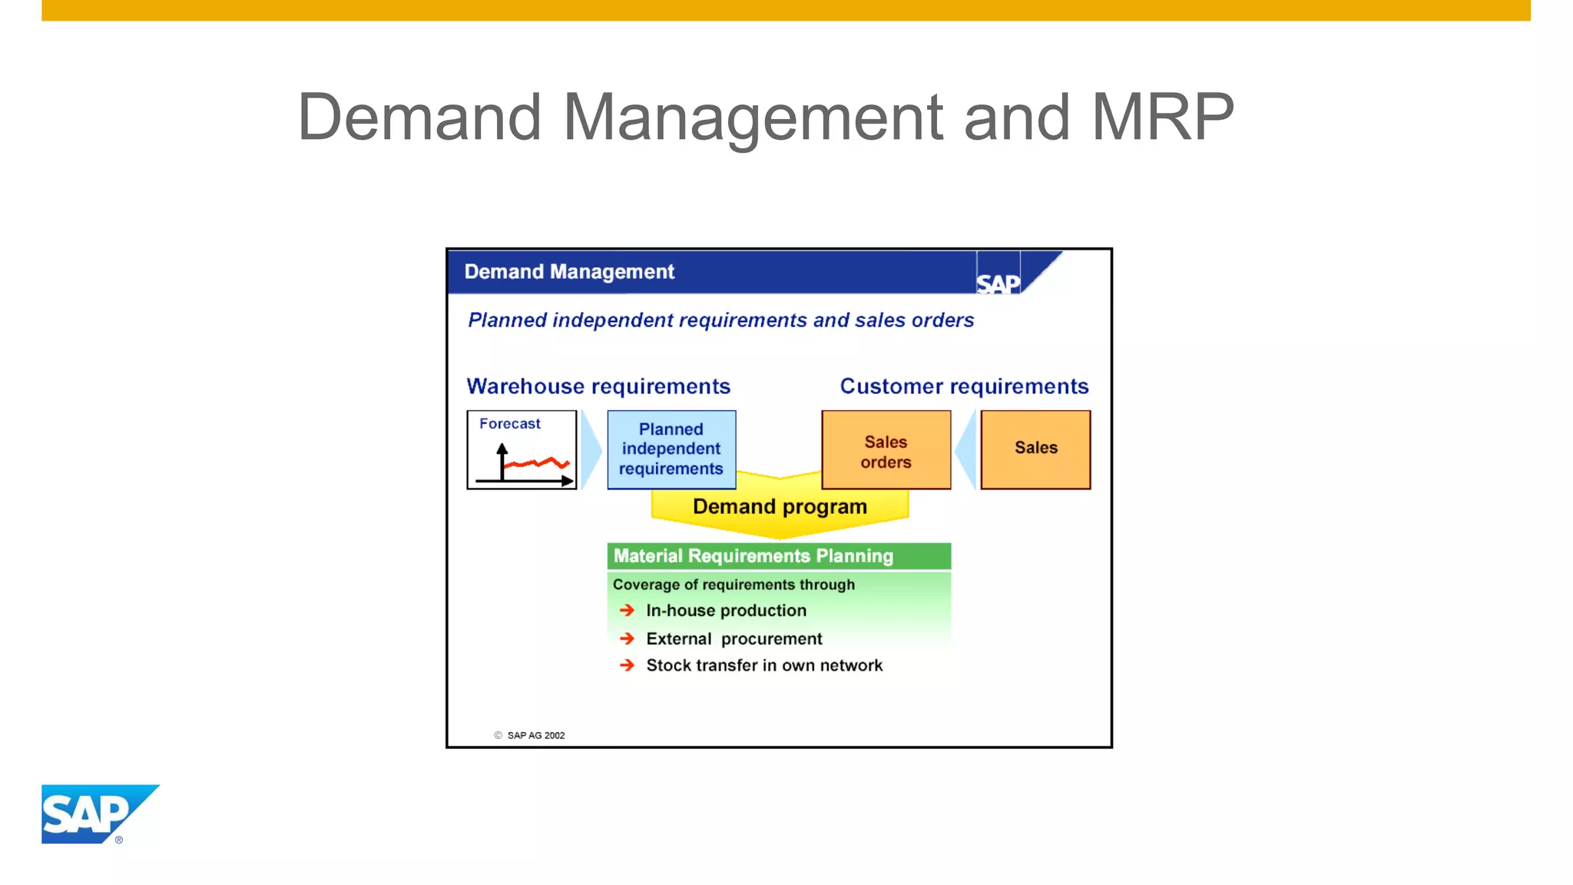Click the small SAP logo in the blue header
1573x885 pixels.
click(998, 283)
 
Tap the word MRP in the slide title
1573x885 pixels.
click(1162, 118)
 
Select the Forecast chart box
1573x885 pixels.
click(522, 450)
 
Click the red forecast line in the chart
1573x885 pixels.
click(538, 463)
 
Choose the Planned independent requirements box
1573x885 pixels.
click(671, 449)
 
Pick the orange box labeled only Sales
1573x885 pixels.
click(1035, 449)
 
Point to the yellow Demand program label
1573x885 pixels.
click(780, 507)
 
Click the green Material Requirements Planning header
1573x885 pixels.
click(779, 556)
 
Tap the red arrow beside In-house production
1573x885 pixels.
click(628, 610)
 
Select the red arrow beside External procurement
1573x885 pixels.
click(628, 638)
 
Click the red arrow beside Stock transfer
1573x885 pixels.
click(628, 665)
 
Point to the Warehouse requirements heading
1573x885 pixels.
click(598, 386)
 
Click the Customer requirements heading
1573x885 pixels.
click(964, 386)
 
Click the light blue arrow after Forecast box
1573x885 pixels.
click(591, 450)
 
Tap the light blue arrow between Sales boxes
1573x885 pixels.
click(965, 450)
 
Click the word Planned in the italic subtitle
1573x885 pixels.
click(507, 320)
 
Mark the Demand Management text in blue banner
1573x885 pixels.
click(569, 272)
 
